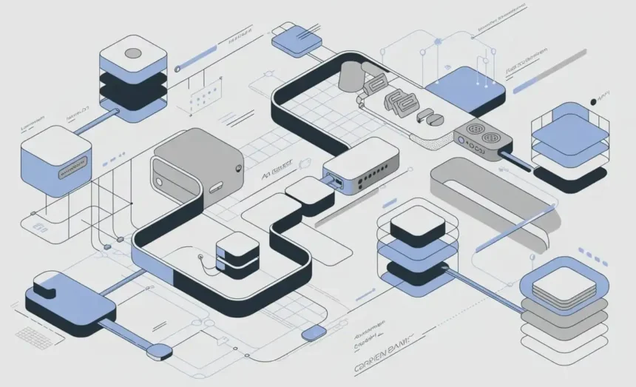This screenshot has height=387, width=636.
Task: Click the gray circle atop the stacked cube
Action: click(x=134, y=53)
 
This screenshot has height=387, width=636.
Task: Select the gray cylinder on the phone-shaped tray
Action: click(x=350, y=75)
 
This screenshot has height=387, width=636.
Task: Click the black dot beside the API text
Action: click(x=592, y=102)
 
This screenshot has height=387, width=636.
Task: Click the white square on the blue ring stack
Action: click(x=564, y=283)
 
